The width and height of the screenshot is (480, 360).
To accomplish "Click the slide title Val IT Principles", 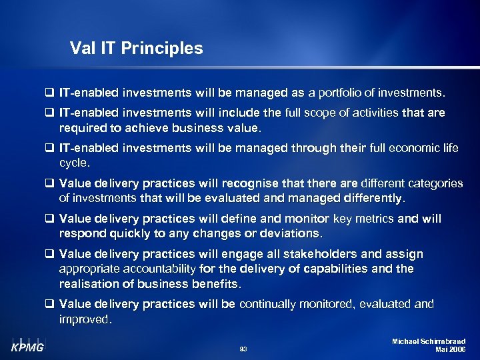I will tap(136, 49).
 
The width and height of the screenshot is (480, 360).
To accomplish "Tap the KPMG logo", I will tap(27, 347).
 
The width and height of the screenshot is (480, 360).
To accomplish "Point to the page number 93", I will tap(243, 349).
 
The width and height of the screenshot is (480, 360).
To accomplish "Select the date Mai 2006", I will tap(450, 349).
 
